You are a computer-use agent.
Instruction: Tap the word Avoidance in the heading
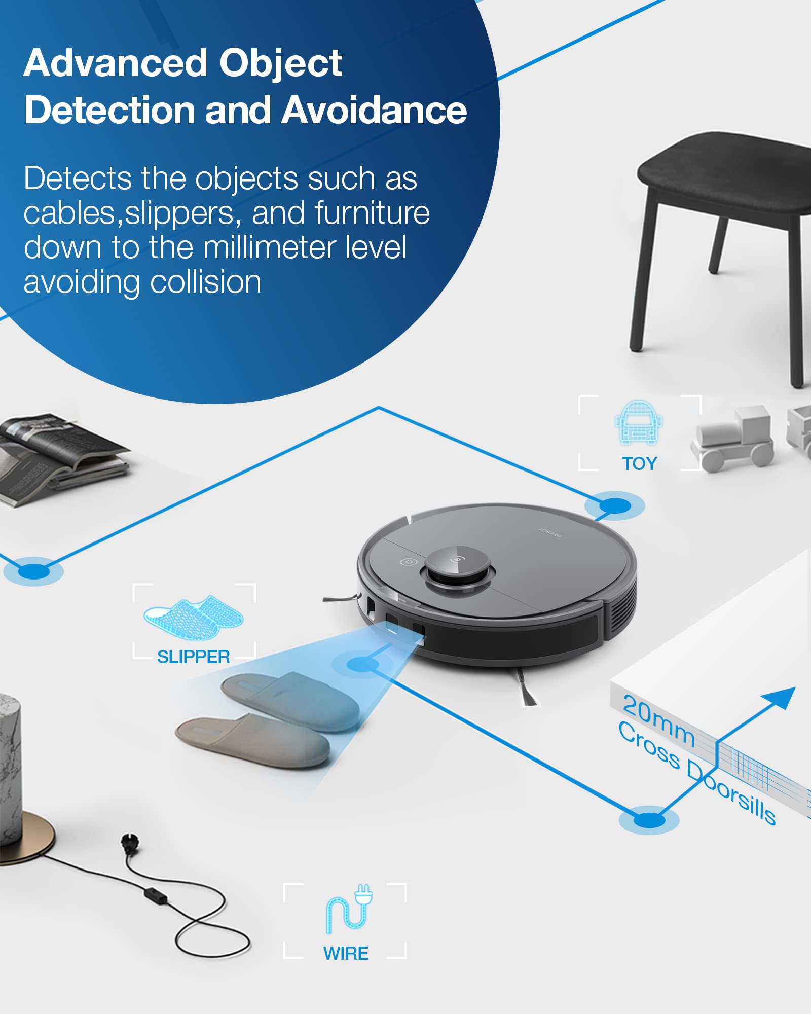[x=374, y=110]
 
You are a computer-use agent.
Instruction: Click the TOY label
[x=639, y=463]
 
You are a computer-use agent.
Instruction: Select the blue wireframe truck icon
[x=639, y=422]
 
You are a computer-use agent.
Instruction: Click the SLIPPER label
[x=193, y=657]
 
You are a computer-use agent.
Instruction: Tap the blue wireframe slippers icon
[x=194, y=617]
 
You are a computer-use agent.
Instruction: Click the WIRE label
[x=346, y=953]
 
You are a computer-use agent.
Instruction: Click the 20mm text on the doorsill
[x=658, y=720]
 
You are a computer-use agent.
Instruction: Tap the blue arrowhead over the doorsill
[x=783, y=698]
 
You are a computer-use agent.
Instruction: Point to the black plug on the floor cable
[x=127, y=842]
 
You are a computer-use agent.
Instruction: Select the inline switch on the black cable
[x=156, y=895]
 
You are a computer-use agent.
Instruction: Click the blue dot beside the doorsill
[x=649, y=819]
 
